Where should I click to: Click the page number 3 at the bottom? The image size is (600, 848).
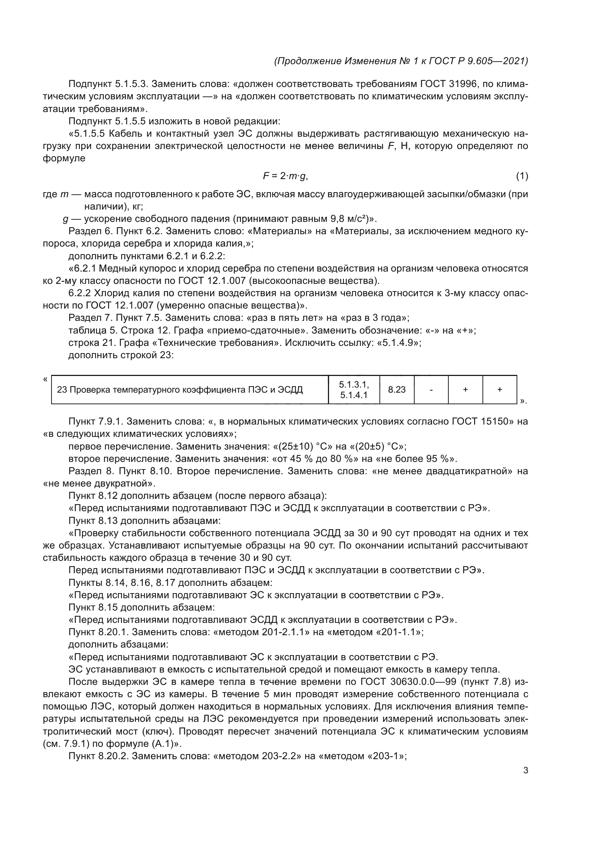(x=525, y=770)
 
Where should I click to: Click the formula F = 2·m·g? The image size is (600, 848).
(x=285, y=176)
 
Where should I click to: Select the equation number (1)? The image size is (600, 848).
(x=522, y=176)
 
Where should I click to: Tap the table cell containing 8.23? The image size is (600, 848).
(x=396, y=389)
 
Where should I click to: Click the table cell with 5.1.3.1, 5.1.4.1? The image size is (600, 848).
(x=354, y=390)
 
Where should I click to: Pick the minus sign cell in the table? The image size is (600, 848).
(x=431, y=389)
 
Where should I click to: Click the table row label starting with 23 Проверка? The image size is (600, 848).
(x=180, y=390)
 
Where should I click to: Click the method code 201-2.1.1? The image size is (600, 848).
(x=285, y=632)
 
